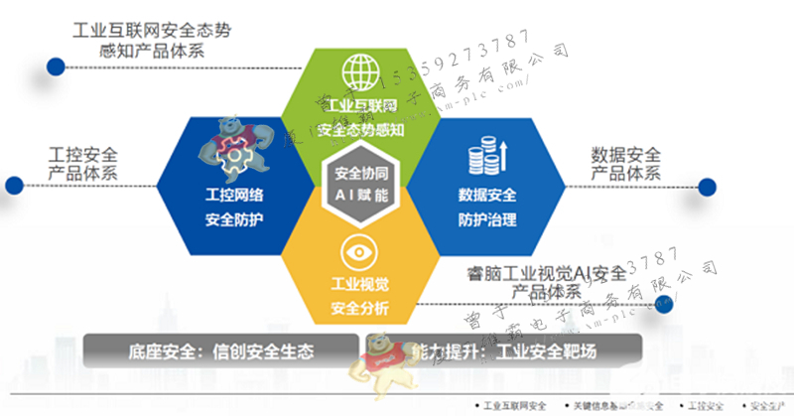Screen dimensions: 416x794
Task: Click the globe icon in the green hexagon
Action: (360, 71)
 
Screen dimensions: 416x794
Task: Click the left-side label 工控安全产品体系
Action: (82, 165)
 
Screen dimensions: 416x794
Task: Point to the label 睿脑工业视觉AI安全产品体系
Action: (546, 282)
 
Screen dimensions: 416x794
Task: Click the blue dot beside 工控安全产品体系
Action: (14, 185)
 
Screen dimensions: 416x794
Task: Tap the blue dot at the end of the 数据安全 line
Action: (708, 187)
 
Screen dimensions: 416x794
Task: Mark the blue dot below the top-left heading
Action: (51, 69)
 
